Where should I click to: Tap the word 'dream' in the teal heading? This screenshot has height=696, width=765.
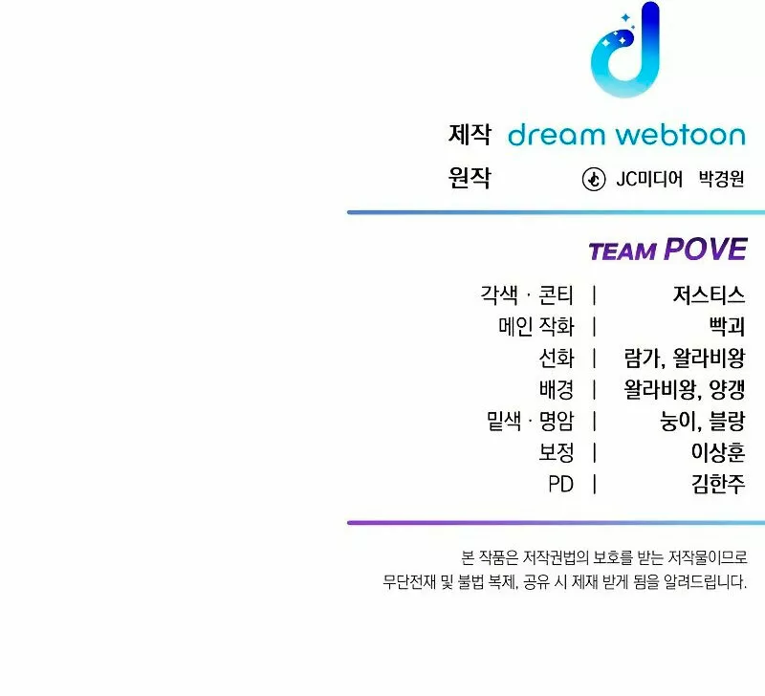pyautogui.click(x=557, y=135)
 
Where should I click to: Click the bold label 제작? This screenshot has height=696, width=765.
pyautogui.click(x=470, y=134)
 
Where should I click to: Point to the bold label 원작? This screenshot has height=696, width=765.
pyautogui.click(x=470, y=178)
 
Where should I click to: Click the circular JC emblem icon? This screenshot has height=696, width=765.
pyautogui.click(x=594, y=179)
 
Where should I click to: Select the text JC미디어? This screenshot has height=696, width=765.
pyautogui.click(x=649, y=179)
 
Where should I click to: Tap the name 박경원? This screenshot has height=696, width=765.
pyautogui.click(x=722, y=179)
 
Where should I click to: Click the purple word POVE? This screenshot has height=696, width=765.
pyautogui.click(x=706, y=250)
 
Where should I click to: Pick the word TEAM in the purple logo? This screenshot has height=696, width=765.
pyautogui.click(x=623, y=251)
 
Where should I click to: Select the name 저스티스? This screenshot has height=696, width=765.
pyautogui.click(x=709, y=294)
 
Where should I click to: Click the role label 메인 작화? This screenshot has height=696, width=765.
pyautogui.click(x=536, y=326)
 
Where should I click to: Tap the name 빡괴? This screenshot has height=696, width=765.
pyautogui.click(x=727, y=326)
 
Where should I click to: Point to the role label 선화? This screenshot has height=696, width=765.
pyautogui.click(x=557, y=358)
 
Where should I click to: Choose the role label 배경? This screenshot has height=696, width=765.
pyautogui.click(x=557, y=389)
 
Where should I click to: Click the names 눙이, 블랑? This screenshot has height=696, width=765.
pyautogui.click(x=703, y=421)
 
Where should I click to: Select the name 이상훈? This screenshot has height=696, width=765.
pyautogui.click(x=718, y=452)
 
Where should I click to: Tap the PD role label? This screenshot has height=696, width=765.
pyautogui.click(x=560, y=485)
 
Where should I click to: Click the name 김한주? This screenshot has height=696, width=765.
pyautogui.click(x=718, y=484)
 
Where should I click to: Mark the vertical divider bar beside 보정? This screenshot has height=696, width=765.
pyautogui.click(x=594, y=452)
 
